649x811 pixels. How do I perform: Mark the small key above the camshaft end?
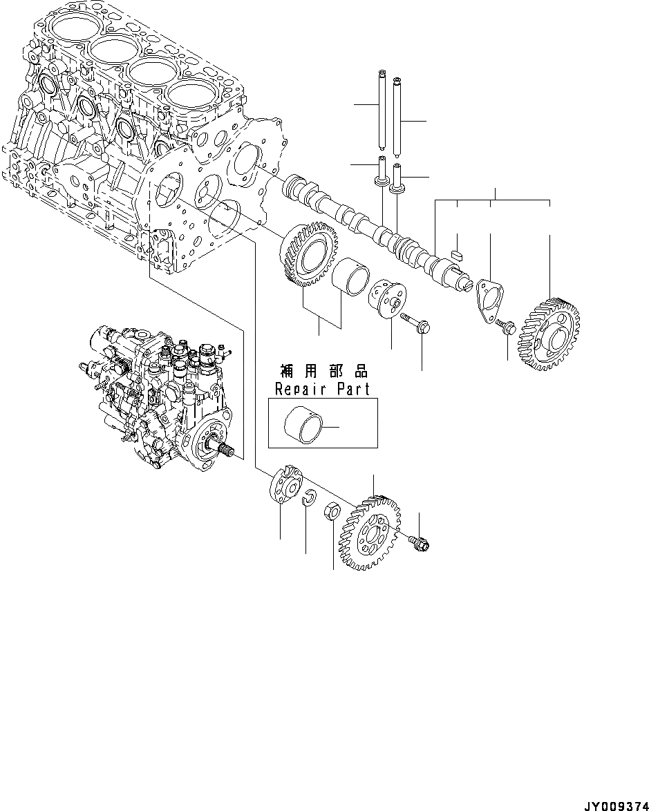[x=456, y=255]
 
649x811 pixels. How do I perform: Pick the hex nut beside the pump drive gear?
[x=331, y=513]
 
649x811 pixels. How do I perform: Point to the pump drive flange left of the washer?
[x=283, y=486]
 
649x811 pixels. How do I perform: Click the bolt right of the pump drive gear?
[x=419, y=544]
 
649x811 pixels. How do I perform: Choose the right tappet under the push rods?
[x=398, y=177]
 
